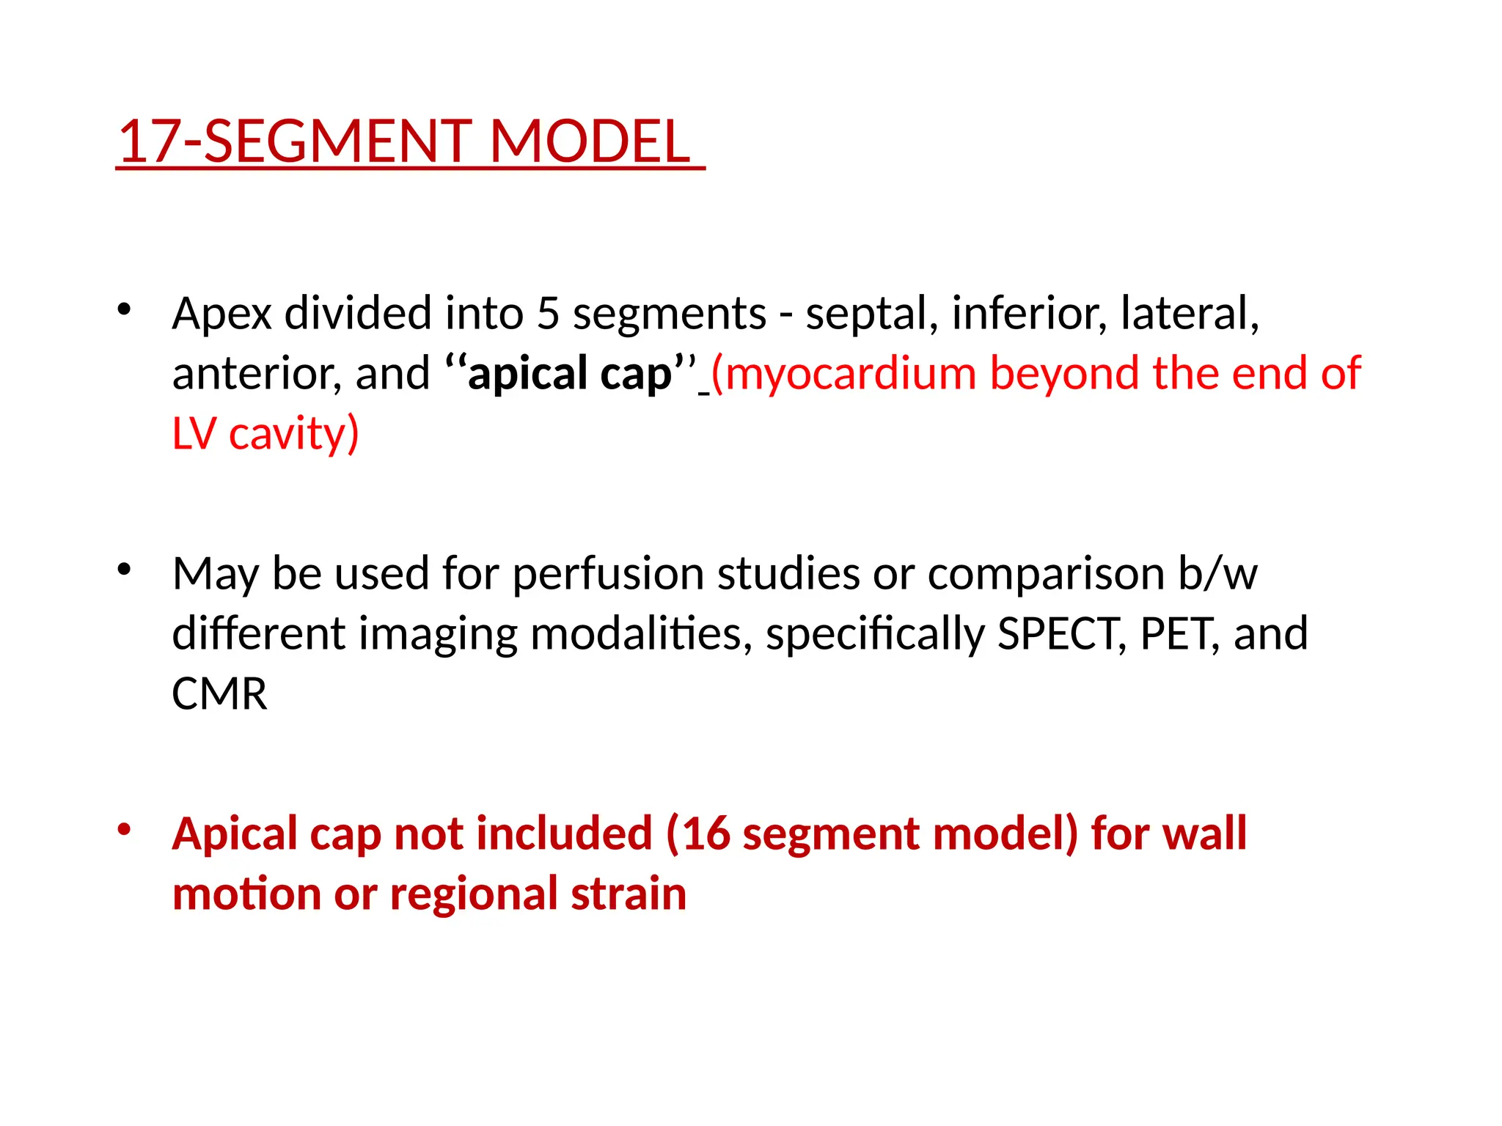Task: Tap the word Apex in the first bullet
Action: pyautogui.click(x=221, y=314)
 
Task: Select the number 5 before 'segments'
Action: pyautogui.click(x=548, y=314)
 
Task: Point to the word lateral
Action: pyautogui.click(x=1189, y=314)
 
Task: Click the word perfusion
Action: pyautogui.click(x=608, y=573)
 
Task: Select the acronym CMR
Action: pyautogui.click(x=219, y=693)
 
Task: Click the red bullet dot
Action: pyautogui.click(x=124, y=829)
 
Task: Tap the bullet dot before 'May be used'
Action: pyautogui.click(x=124, y=568)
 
